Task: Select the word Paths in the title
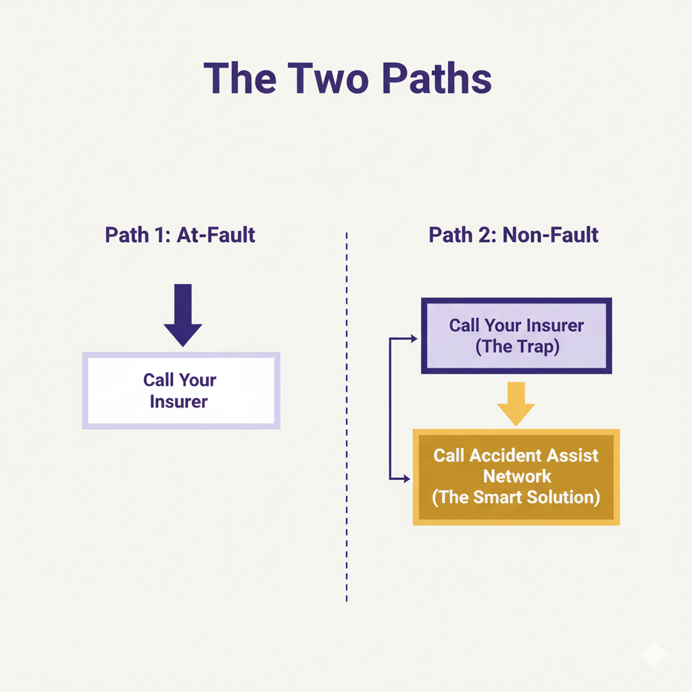tap(435, 78)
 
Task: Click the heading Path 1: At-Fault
tap(180, 235)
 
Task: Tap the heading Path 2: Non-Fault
tap(514, 235)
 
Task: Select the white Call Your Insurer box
tap(181, 391)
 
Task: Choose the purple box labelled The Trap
tap(516, 336)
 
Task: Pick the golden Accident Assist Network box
tap(516, 476)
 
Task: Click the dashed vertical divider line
tap(346, 419)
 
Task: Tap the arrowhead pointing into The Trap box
tap(414, 338)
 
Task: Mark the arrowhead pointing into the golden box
tap(406, 478)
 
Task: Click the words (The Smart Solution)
tap(516, 497)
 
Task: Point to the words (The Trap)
tap(516, 347)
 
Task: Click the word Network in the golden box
tap(517, 476)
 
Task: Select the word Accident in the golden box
tap(499, 455)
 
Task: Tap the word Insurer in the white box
tap(179, 401)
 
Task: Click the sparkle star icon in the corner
tap(653, 653)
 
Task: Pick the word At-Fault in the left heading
tap(216, 235)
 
